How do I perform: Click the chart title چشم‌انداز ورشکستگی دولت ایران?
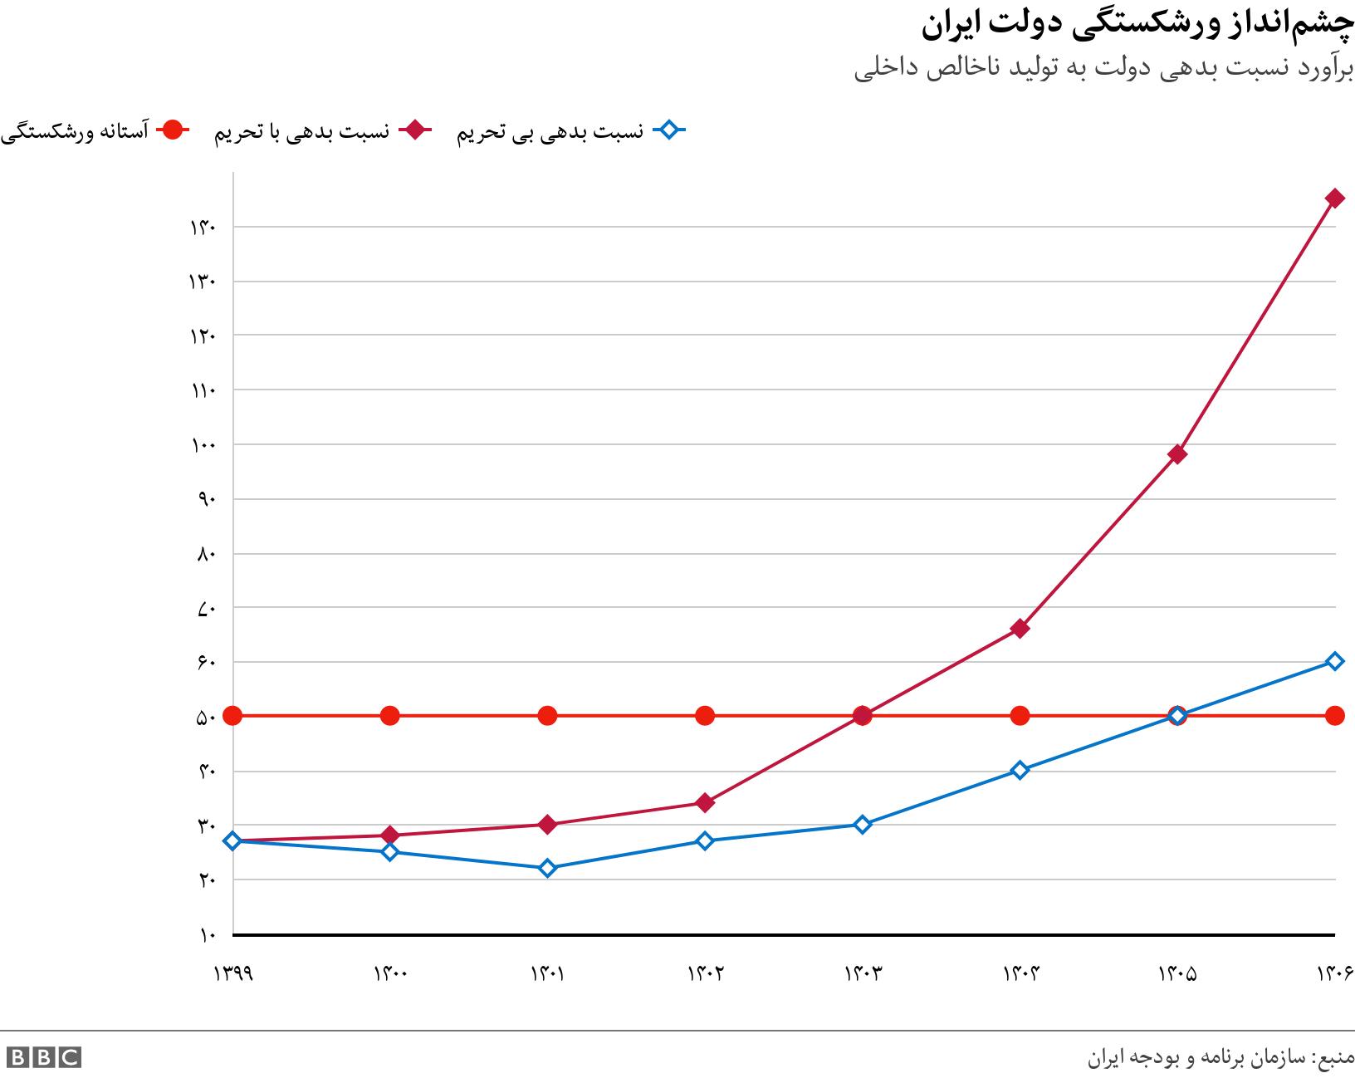coord(1137,26)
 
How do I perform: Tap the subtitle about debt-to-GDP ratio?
coord(1103,70)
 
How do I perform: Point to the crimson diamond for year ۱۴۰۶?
coord(1334,198)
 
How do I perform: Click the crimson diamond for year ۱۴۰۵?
coord(1176,454)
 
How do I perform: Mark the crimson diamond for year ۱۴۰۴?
coord(1020,629)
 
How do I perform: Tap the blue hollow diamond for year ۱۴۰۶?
coord(1334,661)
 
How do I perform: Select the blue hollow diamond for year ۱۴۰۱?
coord(547,868)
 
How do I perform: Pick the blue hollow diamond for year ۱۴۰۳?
coord(862,825)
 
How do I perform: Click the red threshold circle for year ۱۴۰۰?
coord(390,716)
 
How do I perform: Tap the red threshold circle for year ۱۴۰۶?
coord(1334,716)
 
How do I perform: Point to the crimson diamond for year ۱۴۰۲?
coord(705,802)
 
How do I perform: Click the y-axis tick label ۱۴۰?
coord(203,228)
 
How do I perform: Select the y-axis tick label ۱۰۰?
coord(203,445)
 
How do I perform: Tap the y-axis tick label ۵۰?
coord(207,717)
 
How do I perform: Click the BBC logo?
coord(44,1057)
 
